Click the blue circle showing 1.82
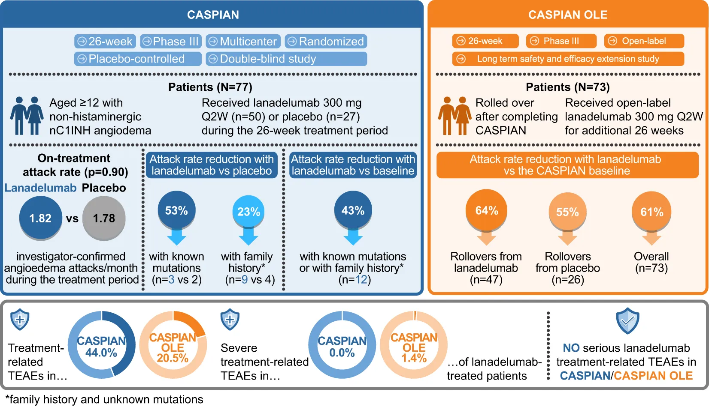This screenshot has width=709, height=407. [x=40, y=218]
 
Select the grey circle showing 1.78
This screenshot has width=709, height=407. [x=104, y=218]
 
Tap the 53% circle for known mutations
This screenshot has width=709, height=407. [x=177, y=210]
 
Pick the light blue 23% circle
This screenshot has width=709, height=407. [x=248, y=211]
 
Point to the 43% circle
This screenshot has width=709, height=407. [x=353, y=210]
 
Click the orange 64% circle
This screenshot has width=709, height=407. [x=487, y=210]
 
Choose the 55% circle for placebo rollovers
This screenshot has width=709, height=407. [x=567, y=212]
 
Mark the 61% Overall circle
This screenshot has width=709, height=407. [x=651, y=211]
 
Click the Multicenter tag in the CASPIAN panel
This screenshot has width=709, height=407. [x=243, y=42]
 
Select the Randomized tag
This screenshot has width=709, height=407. [x=326, y=42]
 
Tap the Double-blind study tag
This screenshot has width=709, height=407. [x=286, y=59]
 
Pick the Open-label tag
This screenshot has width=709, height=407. [x=644, y=41]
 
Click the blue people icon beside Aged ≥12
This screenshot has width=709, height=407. [x=27, y=116]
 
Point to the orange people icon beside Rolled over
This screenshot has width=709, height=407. [x=454, y=116]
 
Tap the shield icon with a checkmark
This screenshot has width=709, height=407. [x=627, y=321]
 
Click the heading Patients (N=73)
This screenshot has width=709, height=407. [x=568, y=87]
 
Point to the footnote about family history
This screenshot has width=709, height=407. [x=104, y=399]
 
